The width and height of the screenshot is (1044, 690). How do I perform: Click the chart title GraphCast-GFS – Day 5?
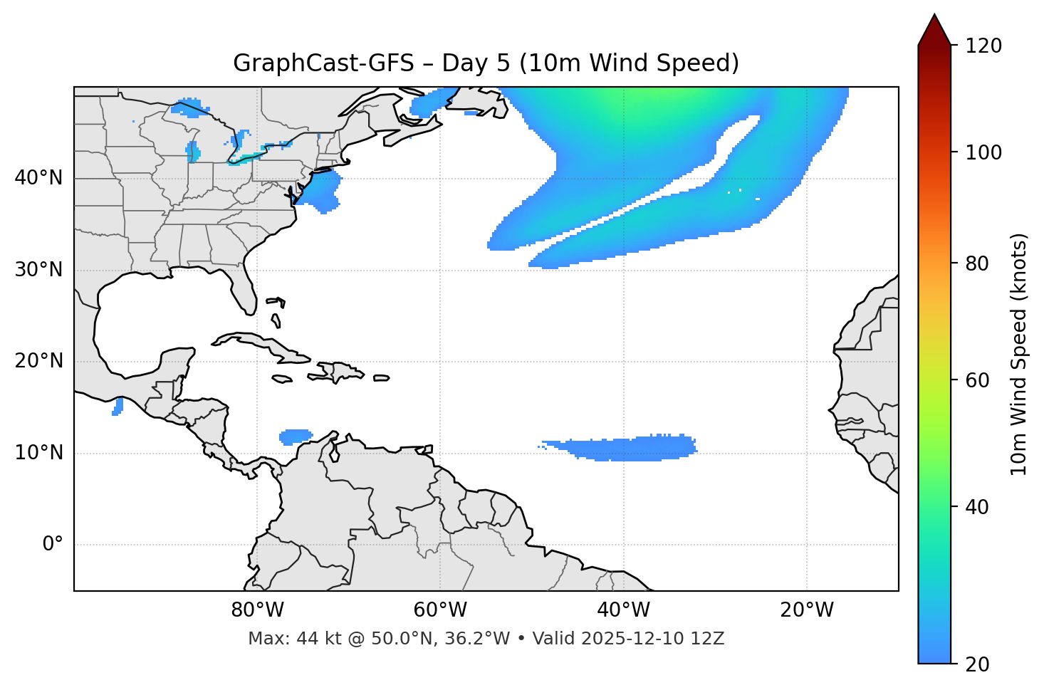pos(486,63)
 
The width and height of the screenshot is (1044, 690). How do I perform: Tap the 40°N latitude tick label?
pos(38,178)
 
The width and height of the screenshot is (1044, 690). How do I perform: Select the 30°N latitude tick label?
pos(38,270)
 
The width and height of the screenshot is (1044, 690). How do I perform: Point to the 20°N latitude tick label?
pos(38,361)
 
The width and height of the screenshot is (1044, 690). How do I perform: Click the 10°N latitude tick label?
pos(38,453)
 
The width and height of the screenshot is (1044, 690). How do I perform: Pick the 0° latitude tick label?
pos(52,545)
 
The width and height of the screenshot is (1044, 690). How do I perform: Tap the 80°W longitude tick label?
pos(257,610)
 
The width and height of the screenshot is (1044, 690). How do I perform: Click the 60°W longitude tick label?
pos(440,610)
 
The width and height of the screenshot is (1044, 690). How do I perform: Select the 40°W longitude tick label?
pos(623,610)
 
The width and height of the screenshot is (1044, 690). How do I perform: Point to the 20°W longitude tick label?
pos(806,610)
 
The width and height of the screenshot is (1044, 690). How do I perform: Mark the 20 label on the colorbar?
pos(977,664)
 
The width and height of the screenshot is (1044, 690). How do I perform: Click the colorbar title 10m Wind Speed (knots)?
pos(1019,354)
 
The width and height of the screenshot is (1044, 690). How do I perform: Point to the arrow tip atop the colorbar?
pos(934,16)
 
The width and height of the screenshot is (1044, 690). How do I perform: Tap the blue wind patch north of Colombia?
pos(295,436)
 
